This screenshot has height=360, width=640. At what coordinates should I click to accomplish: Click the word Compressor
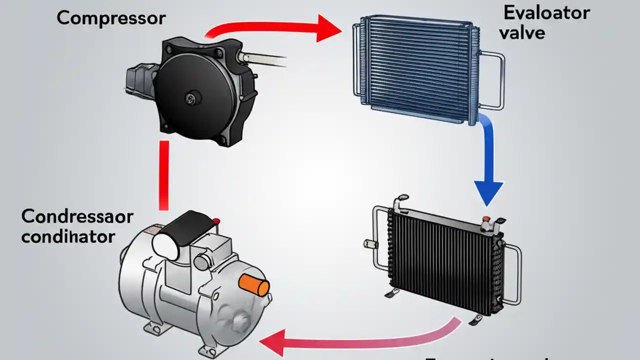pyautogui.click(x=110, y=18)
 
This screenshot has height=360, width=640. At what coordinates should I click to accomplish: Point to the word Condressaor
pyautogui.click(x=77, y=217)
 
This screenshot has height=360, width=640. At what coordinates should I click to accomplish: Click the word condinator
pyautogui.click(x=68, y=236)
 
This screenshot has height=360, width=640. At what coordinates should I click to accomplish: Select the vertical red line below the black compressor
pyautogui.click(x=163, y=175)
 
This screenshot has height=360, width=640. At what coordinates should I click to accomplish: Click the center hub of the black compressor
pyautogui.click(x=190, y=97)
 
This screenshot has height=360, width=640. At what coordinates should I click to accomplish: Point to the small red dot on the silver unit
pyautogui.click(x=215, y=221)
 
